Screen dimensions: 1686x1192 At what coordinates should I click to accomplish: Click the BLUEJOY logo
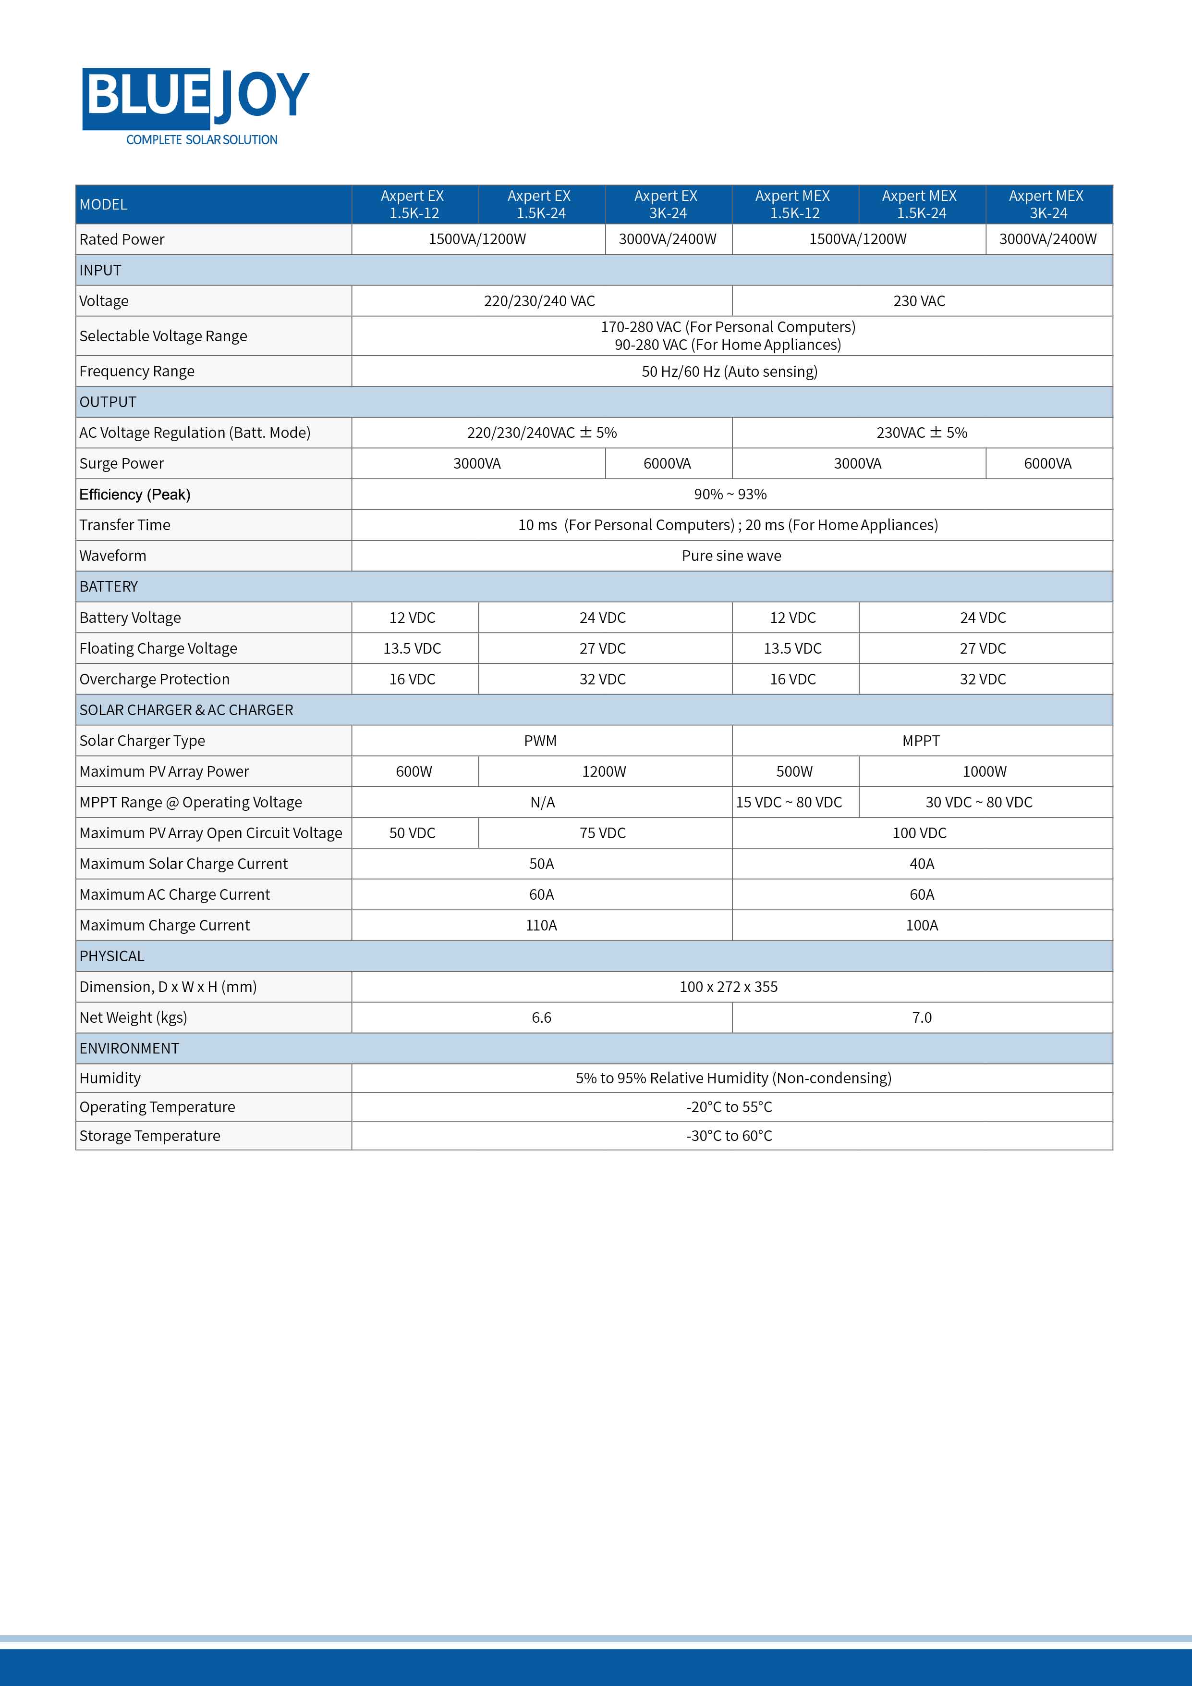point(195,97)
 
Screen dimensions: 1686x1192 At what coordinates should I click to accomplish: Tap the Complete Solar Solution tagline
point(202,139)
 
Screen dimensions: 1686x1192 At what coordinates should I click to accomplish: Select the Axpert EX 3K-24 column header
point(667,204)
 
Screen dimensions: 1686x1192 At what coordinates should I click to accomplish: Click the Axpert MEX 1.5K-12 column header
point(793,204)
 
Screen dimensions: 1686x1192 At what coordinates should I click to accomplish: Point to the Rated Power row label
point(122,239)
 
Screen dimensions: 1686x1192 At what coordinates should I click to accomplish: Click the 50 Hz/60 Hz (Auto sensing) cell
point(730,372)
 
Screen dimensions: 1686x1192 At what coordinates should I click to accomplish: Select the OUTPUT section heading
point(108,402)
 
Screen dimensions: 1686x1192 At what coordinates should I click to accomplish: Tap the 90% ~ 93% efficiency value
point(730,494)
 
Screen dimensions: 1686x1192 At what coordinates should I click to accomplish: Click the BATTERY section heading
point(109,587)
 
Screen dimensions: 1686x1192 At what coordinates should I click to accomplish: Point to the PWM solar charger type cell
point(540,741)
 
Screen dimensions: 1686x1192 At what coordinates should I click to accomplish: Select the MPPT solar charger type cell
point(921,741)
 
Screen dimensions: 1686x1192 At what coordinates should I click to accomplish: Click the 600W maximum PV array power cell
point(414,772)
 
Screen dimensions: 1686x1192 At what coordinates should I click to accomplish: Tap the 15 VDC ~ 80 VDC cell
point(789,803)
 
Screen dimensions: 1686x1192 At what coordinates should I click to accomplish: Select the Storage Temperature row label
point(150,1136)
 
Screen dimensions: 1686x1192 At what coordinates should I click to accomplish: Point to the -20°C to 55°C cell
point(730,1107)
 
